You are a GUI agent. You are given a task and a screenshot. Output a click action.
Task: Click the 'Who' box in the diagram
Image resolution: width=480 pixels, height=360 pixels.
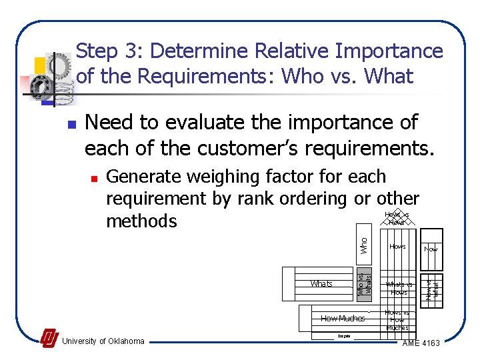pos(365,245)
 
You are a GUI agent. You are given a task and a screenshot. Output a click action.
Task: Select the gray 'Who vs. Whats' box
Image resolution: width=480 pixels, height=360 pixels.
pos(363,285)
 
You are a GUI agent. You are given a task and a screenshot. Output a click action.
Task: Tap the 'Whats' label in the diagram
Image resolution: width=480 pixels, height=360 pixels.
pos(321,284)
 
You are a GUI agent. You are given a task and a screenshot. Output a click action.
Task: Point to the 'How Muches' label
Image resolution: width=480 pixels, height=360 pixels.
pos(343,318)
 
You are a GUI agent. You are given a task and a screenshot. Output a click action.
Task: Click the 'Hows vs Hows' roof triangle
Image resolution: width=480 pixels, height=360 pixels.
pos(397,218)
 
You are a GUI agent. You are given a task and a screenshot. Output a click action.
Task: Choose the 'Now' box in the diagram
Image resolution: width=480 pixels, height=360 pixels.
pos(431,249)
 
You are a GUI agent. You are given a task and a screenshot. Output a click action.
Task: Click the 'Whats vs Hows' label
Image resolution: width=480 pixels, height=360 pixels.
pos(399,288)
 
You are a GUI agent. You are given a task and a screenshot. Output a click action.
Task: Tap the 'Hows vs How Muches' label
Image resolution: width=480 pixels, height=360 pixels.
pos(397,320)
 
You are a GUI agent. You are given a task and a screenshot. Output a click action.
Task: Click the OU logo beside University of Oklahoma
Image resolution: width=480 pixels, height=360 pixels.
pos(49,339)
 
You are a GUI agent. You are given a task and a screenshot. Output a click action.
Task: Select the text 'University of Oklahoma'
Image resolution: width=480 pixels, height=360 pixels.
pos(103,341)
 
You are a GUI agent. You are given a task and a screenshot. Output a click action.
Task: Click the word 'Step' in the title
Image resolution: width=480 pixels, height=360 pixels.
pos(97,51)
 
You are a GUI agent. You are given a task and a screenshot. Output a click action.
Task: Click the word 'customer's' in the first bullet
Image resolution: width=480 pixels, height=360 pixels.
pos(263,148)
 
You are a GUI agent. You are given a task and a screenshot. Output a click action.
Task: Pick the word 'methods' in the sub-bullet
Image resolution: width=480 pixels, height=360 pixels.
pos(141,221)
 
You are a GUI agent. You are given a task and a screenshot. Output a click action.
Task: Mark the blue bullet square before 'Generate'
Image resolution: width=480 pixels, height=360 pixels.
pos(94,179)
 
